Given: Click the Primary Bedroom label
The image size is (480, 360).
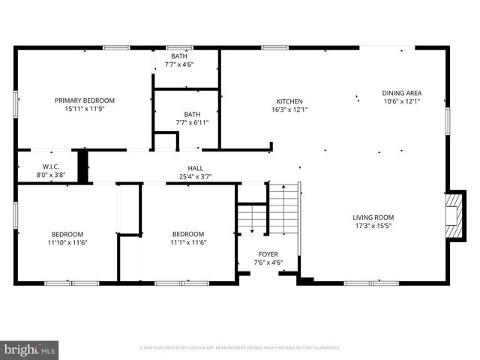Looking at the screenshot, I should [84, 100].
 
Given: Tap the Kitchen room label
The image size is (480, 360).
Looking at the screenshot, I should [289, 100].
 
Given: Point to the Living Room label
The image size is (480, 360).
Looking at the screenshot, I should [373, 218].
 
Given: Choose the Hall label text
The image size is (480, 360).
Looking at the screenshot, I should [195, 168].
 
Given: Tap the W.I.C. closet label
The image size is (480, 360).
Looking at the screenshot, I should [51, 166].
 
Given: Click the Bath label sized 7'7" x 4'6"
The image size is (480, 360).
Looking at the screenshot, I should [179, 56].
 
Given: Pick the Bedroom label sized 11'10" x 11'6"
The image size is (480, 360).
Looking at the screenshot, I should [67, 234].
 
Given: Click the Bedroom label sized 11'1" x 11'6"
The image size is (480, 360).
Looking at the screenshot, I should [188, 234].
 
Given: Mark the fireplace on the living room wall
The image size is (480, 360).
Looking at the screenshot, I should [452, 214].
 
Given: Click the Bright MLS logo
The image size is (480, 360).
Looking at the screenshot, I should [29, 349].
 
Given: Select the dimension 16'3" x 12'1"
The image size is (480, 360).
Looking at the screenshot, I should [289, 109].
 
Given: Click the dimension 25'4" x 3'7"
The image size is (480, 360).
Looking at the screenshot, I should [195, 176].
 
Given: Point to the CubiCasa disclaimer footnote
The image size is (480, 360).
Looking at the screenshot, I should [240, 348].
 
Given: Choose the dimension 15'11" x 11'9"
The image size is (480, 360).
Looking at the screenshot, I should [84, 109].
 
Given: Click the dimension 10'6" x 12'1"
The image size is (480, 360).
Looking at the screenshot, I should [402, 100].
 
